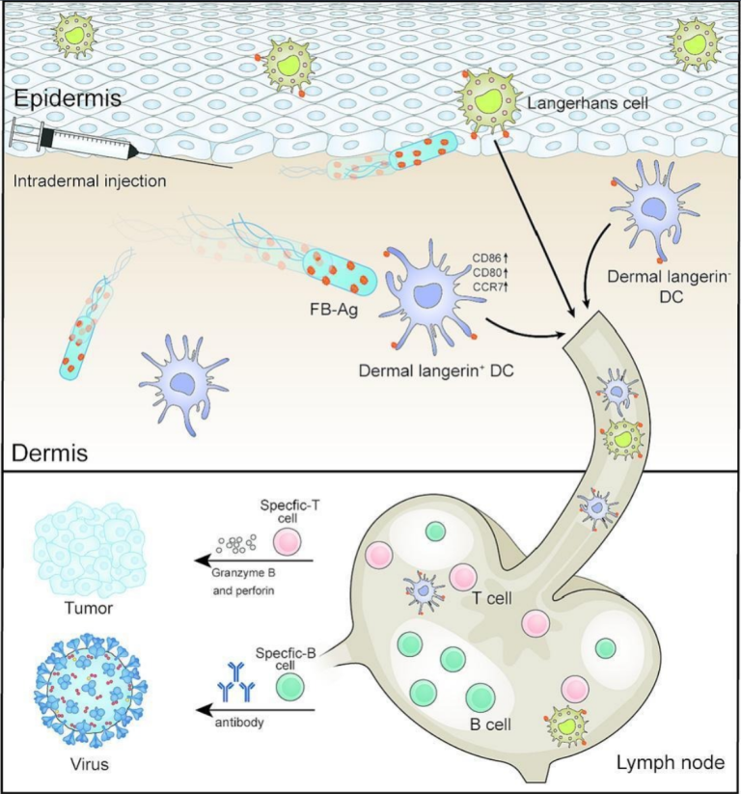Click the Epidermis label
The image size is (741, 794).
click(60, 98)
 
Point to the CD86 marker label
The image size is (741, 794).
click(489, 258)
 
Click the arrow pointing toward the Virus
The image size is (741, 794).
click(256, 710)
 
